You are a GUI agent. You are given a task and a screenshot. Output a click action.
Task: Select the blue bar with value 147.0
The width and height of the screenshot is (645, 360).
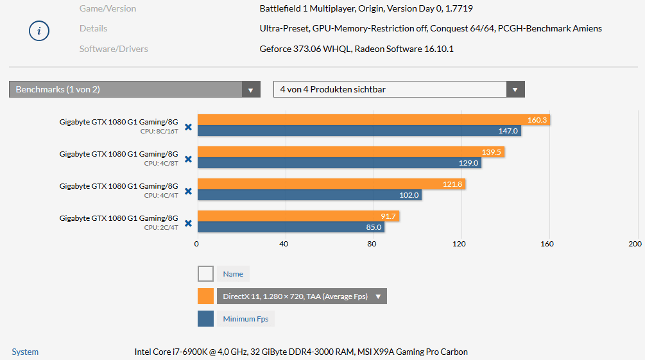point(359,131)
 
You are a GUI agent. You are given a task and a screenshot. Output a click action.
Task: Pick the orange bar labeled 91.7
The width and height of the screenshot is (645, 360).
point(298,216)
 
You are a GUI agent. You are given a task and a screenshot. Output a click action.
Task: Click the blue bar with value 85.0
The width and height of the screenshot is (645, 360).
point(291,227)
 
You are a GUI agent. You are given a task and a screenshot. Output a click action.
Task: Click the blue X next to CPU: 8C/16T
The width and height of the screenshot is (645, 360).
point(188,127)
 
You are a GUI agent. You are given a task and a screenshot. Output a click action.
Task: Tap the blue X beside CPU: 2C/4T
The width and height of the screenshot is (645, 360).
point(188,223)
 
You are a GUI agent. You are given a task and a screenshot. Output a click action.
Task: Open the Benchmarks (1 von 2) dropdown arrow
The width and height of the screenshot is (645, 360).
point(251,90)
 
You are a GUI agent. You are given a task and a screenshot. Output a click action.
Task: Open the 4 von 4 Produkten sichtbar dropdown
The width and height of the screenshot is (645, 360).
point(399,89)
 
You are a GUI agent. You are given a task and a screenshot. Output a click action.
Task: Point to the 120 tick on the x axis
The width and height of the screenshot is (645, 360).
point(459,244)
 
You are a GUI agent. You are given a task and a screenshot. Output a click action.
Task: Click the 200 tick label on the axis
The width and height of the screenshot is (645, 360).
point(634,244)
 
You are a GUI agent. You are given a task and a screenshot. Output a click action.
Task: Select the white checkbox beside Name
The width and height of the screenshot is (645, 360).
point(205,274)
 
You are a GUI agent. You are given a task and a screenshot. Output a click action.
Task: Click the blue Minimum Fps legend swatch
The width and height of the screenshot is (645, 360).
point(205,319)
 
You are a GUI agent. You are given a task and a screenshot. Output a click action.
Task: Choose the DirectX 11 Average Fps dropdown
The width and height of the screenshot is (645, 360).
point(302,296)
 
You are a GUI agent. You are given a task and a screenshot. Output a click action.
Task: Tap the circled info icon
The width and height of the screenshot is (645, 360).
point(39,30)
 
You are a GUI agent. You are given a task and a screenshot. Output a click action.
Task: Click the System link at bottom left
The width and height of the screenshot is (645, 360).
point(25,352)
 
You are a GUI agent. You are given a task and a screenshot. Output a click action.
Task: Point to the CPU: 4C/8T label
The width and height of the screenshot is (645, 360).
point(161,163)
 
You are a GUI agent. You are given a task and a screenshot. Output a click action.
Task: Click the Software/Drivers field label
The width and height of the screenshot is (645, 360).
point(114,49)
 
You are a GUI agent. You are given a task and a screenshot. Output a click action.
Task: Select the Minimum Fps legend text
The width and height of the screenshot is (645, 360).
point(246,319)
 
